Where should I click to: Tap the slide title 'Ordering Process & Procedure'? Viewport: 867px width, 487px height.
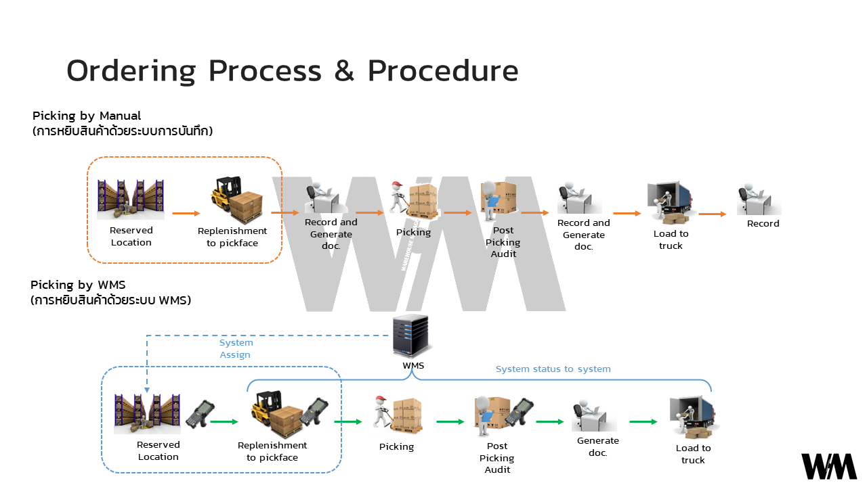(x=292, y=71)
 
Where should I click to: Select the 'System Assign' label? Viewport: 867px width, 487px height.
(x=236, y=348)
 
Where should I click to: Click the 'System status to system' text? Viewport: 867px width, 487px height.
(x=553, y=369)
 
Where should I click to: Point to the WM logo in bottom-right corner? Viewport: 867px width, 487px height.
(x=829, y=467)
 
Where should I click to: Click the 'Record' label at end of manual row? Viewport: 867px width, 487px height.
(x=763, y=224)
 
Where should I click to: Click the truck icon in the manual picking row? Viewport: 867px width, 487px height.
(x=670, y=202)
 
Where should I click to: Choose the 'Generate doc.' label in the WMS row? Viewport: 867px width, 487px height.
(x=597, y=446)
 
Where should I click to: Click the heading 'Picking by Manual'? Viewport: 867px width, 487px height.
(x=87, y=116)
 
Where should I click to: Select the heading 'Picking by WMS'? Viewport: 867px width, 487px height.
(x=78, y=285)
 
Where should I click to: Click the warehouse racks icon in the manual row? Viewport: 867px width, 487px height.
(x=131, y=200)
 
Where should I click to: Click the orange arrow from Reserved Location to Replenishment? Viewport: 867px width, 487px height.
(x=186, y=214)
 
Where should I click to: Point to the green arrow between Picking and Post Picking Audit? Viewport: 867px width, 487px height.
(x=450, y=422)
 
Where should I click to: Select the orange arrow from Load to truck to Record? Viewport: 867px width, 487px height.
(x=713, y=214)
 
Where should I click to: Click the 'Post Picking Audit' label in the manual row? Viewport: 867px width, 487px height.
(x=503, y=242)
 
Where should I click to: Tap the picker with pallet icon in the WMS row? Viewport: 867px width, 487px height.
(x=397, y=415)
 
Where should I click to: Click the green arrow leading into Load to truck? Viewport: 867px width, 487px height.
(x=643, y=422)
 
